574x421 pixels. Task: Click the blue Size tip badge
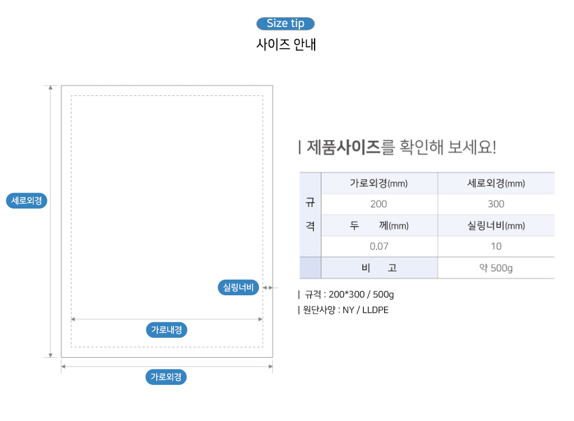click(x=285, y=24)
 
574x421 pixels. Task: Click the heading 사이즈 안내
click(x=286, y=44)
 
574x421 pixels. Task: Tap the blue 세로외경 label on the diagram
click(x=27, y=201)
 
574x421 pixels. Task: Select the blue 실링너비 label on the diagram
click(x=238, y=287)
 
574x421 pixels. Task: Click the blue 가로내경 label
click(x=166, y=330)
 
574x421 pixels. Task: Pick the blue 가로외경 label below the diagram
click(x=166, y=377)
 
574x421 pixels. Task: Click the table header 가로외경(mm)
click(x=379, y=183)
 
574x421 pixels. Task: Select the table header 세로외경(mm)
click(x=496, y=183)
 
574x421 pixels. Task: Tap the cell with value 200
click(x=378, y=204)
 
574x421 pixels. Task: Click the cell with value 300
click(x=496, y=204)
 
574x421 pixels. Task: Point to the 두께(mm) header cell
click(x=379, y=225)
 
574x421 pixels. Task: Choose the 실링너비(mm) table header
click(x=496, y=225)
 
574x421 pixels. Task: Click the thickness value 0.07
click(x=379, y=246)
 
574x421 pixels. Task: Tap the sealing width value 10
click(x=496, y=246)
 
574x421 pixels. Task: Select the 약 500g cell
click(x=496, y=268)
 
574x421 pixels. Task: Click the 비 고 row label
click(x=379, y=268)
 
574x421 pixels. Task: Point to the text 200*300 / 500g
click(x=361, y=294)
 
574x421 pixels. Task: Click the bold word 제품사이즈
click(x=343, y=147)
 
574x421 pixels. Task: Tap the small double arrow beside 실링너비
click(x=268, y=288)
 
